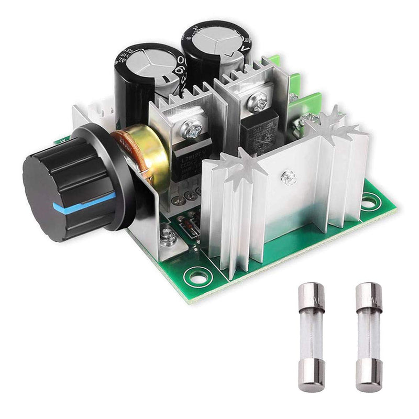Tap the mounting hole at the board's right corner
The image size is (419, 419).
370,200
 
